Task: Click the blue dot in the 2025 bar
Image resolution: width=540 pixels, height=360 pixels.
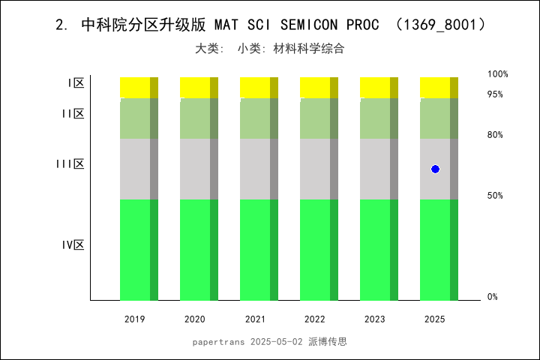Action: pos(435,169)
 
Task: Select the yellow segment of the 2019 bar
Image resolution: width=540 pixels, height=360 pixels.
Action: pos(139,87)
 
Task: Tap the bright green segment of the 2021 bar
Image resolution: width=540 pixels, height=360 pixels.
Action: pos(259,250)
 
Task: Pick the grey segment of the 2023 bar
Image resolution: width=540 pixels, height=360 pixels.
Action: pos(379,169)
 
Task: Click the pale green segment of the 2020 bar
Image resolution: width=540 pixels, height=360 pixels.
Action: pos(199,118)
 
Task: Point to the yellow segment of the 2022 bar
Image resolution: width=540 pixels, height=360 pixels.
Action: pos(319,87)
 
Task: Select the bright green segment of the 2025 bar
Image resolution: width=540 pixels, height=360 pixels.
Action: pos(439,250)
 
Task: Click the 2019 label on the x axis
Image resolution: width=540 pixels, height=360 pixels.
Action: pos(135,319)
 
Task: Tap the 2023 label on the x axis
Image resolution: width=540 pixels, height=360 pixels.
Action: pos(375,319)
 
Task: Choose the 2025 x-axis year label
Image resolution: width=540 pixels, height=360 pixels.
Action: pos(435,319)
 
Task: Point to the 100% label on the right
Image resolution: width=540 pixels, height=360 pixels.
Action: pos(498,74)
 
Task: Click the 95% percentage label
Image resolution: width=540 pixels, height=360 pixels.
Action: pos(495,94)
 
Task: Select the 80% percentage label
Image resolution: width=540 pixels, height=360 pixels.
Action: pos(495,135)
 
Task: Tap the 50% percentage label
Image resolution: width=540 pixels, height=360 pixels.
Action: pos(495,196)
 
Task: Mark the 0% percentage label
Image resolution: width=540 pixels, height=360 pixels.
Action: pos(493,297)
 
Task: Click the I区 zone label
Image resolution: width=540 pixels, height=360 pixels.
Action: pos(75,83)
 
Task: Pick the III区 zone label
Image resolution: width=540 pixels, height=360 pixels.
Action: pos(70,163)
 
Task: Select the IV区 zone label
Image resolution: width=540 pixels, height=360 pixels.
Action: pos(73,244)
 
